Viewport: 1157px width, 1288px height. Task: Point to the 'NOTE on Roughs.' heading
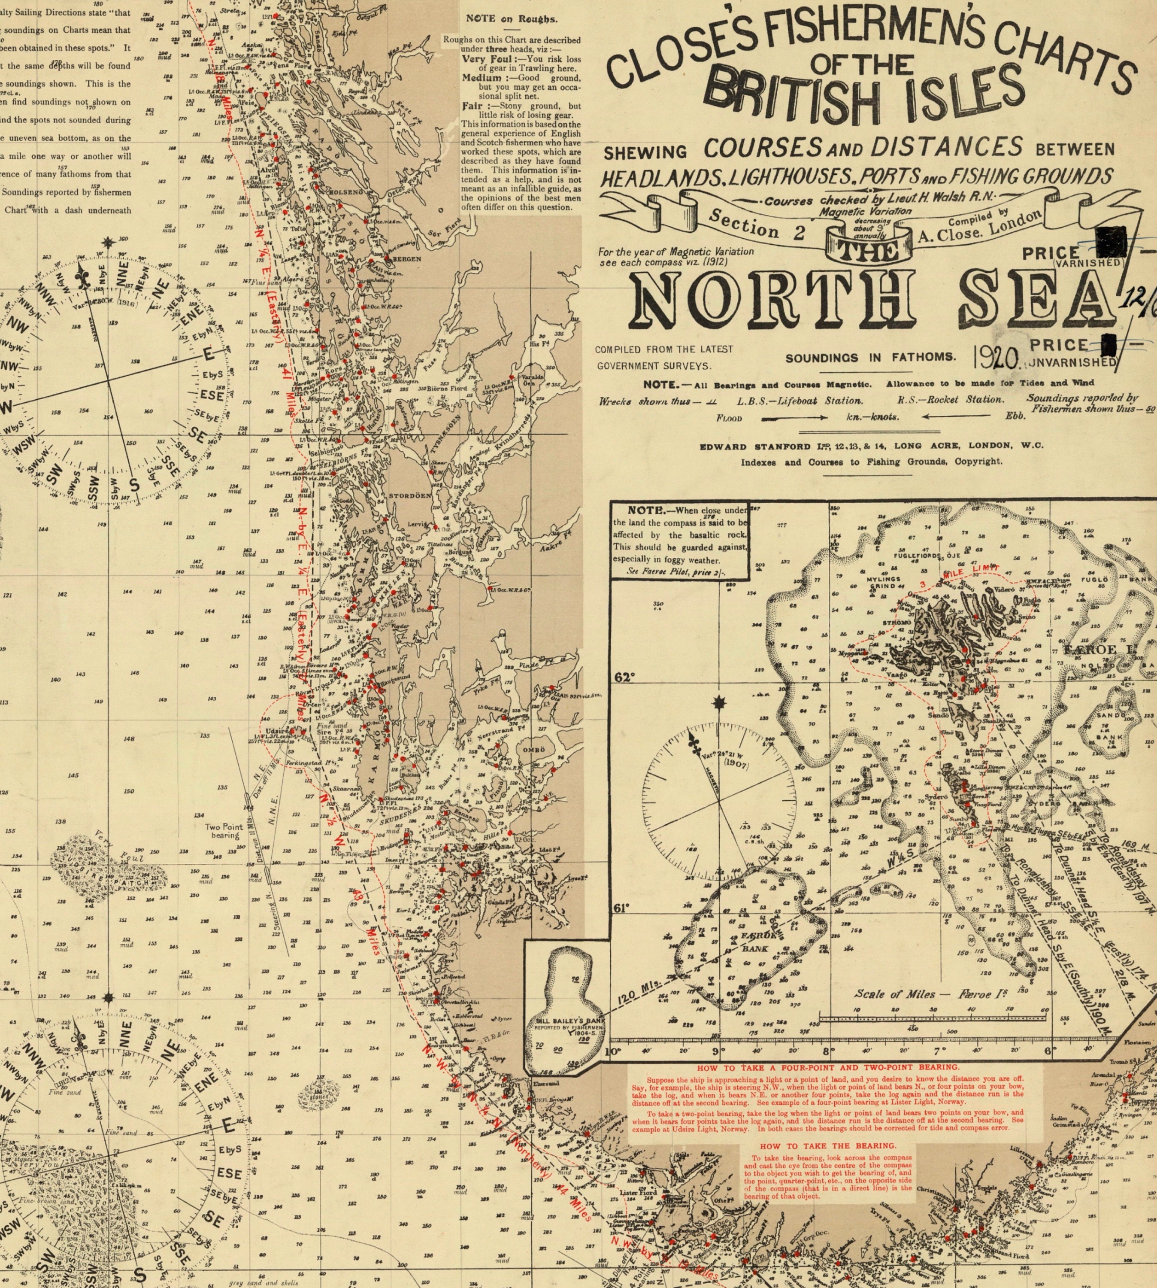coord(511,19)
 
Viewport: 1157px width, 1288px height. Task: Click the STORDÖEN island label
coord(410,495)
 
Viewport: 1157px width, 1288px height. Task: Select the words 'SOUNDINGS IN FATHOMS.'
coord(870,358)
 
